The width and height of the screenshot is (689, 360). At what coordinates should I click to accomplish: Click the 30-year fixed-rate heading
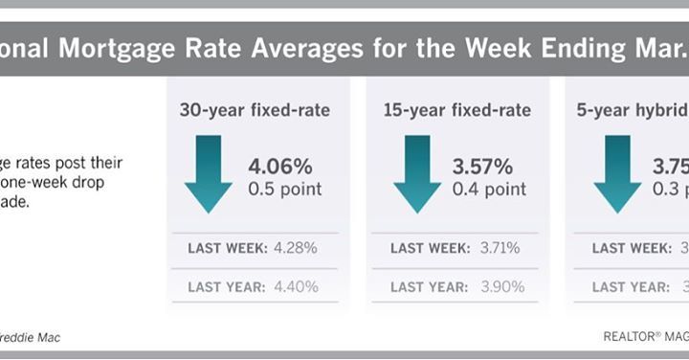point(255,110)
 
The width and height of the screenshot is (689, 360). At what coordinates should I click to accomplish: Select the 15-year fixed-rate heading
point(456,110)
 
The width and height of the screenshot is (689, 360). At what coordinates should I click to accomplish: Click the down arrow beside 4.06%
point(209,173)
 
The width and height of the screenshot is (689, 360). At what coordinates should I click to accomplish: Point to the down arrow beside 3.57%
point(416,173)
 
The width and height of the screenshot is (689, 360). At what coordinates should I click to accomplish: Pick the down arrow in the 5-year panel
point(617,173)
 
